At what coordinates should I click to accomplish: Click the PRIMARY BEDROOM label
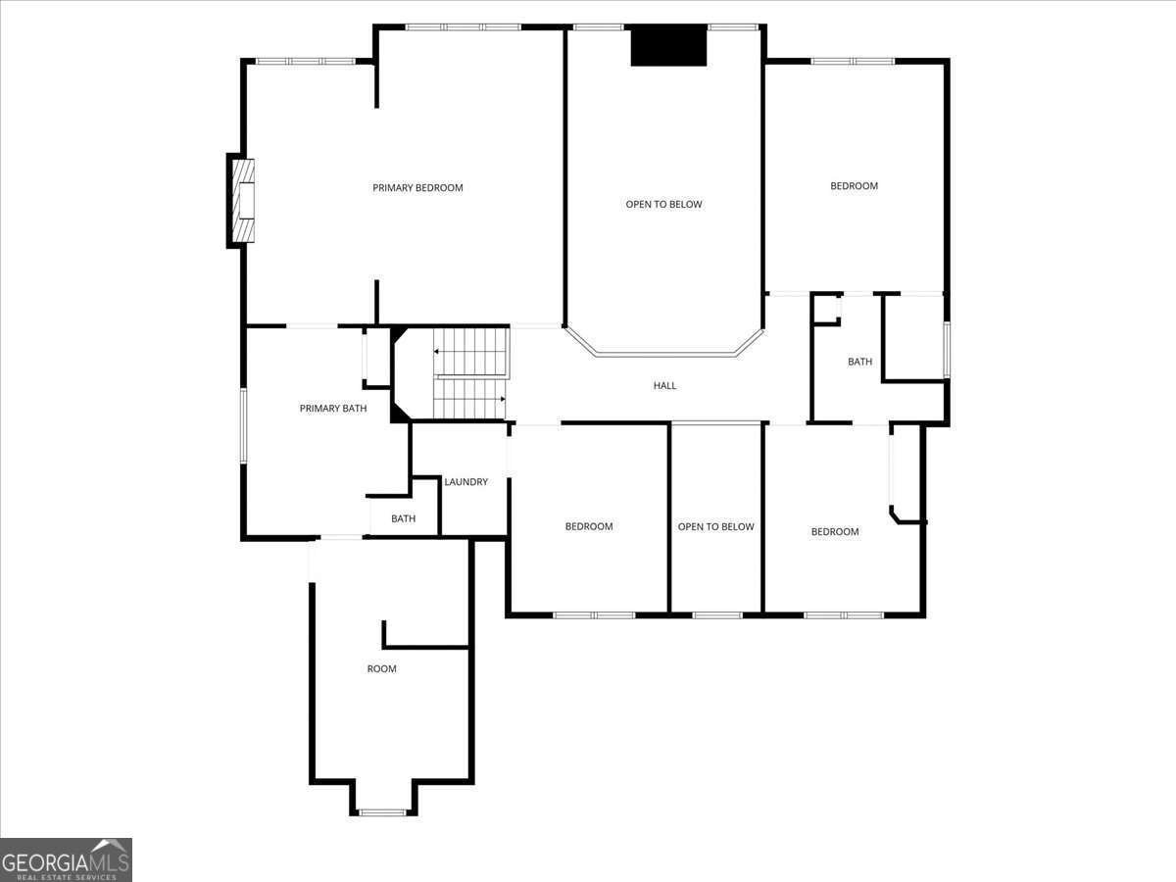(x=417, y=187)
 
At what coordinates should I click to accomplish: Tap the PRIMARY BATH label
(x=333, y=408)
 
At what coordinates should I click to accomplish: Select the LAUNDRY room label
(x=465, y=481)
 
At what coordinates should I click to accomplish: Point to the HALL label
(x=664, y=385)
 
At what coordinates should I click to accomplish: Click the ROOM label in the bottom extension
(x=381, y=668)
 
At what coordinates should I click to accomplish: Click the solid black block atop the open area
(x=668, y=46)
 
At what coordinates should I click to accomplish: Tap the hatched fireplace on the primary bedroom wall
(x=242, y=201)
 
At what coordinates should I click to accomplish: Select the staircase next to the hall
(x=470, y=373)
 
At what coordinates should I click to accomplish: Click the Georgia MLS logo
(x=66, y=859)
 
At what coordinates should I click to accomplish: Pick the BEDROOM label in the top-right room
(x=854, y=185)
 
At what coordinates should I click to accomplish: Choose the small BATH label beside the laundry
(x=403, y=518)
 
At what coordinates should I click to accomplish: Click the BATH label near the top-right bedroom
(x=859, y=362)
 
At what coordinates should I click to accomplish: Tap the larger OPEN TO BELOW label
(x=663, y=204)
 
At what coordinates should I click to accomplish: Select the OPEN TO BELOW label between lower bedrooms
(x=715, y=526)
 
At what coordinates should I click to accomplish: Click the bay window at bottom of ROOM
(x=382, y=811)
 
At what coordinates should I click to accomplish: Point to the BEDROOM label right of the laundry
(x=588, y=526)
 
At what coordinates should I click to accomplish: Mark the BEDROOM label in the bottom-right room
(x=834, y=531)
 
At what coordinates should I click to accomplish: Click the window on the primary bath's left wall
(x=243, y=423)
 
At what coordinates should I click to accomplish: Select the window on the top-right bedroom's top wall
(x=853, y=61)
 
